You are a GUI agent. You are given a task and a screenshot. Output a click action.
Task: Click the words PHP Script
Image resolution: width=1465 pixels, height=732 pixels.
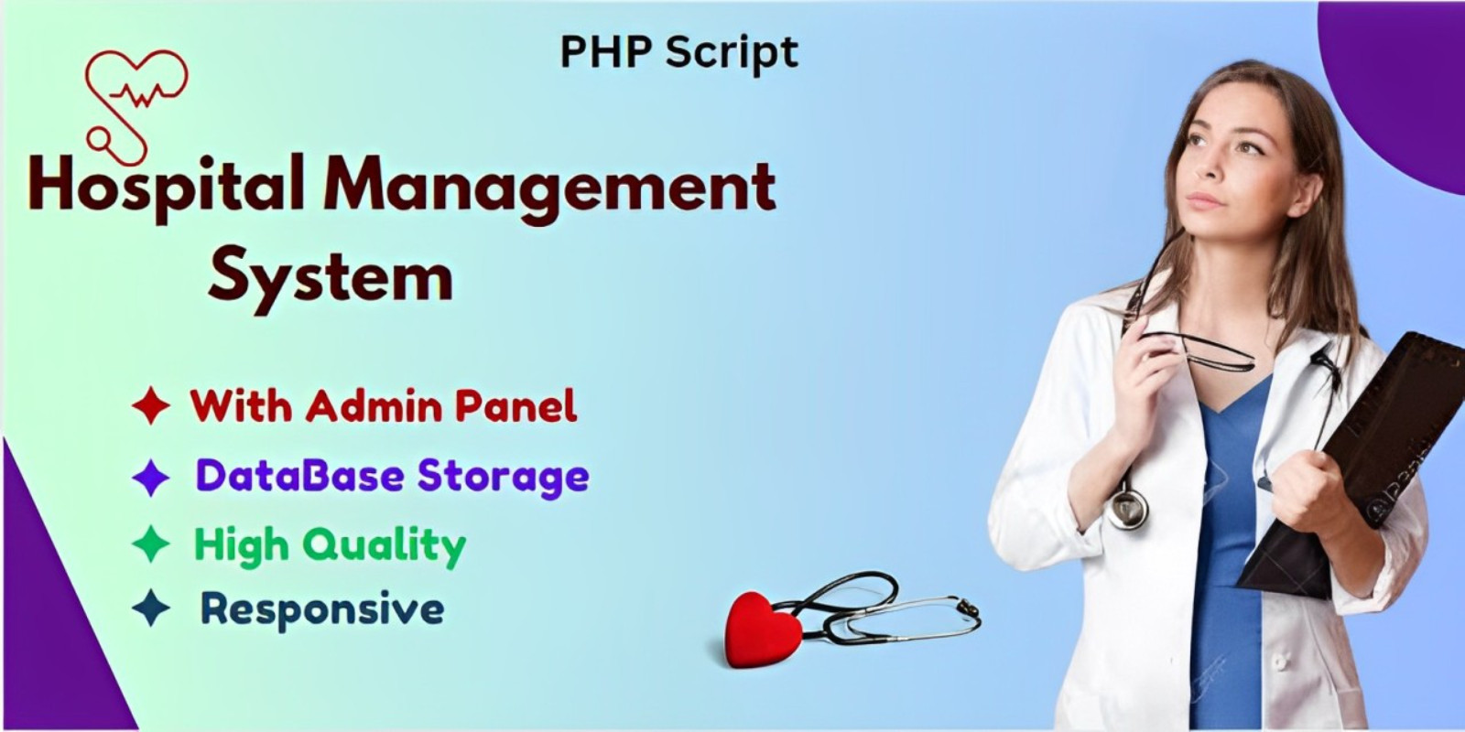[x=678, y=52]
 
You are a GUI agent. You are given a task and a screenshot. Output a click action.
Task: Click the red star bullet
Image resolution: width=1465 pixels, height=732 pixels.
[x=151, y=405]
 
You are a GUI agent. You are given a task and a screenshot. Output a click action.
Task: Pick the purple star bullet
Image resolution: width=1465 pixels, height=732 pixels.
[x=151, y=477]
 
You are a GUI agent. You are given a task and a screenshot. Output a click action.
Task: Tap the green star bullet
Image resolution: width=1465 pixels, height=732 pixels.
[x=151, y=544]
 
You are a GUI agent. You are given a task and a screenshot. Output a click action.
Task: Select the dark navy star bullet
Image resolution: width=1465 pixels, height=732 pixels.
[x=151, y=608]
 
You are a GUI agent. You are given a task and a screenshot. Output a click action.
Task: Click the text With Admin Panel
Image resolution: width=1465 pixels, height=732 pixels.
[x=384, y=405]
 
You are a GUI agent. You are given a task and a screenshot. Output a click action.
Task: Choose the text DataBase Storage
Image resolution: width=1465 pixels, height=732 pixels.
[x=392, y=476]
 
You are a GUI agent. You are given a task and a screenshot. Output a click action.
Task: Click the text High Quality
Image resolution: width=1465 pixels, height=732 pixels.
[x=330, y=545]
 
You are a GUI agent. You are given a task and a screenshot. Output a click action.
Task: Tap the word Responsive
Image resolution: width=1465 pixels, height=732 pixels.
[x=322, y=608]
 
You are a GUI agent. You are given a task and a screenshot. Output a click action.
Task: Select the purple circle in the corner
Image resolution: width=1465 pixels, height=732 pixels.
[x=1401, y=82]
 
